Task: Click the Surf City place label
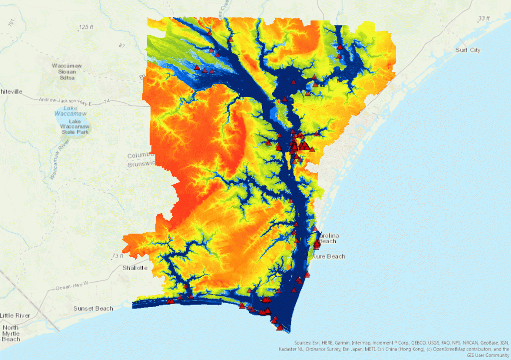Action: coord(468,50)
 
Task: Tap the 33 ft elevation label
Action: coord(484,18)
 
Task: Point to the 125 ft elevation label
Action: coord(86,27)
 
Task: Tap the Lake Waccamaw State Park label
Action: coord(75,127)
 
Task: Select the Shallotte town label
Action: coord(135,268)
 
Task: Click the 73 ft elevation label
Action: coord(117,256)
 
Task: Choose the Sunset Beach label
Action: coord(93,309)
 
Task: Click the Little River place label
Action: coord(15,316)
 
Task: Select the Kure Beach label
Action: coord(329,257)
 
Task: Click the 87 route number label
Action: coord(121,46)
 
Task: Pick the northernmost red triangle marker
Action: coord(210,33)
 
